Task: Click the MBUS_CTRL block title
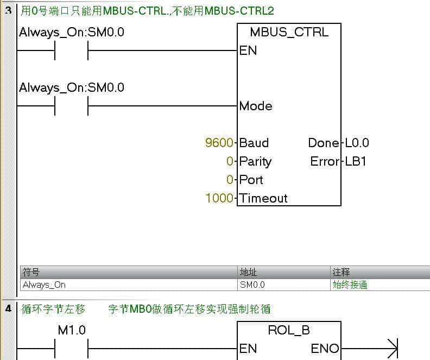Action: pos(289,32)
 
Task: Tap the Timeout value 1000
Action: pos(219,198)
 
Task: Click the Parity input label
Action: pos(255,161)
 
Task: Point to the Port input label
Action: pos(251,180)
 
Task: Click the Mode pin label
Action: pos(256,106)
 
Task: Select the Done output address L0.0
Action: pos(357,143)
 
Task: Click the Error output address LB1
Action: pos(356,161)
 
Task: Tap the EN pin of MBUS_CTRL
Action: pos(248,50)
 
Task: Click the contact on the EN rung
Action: pos(71,50)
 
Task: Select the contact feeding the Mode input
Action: pos(71,106)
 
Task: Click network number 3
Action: pos(8,10)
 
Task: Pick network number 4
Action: pos(8,309)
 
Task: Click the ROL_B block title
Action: pos(289,330)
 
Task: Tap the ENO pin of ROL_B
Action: pos(325,348)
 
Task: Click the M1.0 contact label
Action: pos(72,330)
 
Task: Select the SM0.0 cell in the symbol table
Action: pos(252,285)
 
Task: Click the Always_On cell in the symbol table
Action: pos(43,285)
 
